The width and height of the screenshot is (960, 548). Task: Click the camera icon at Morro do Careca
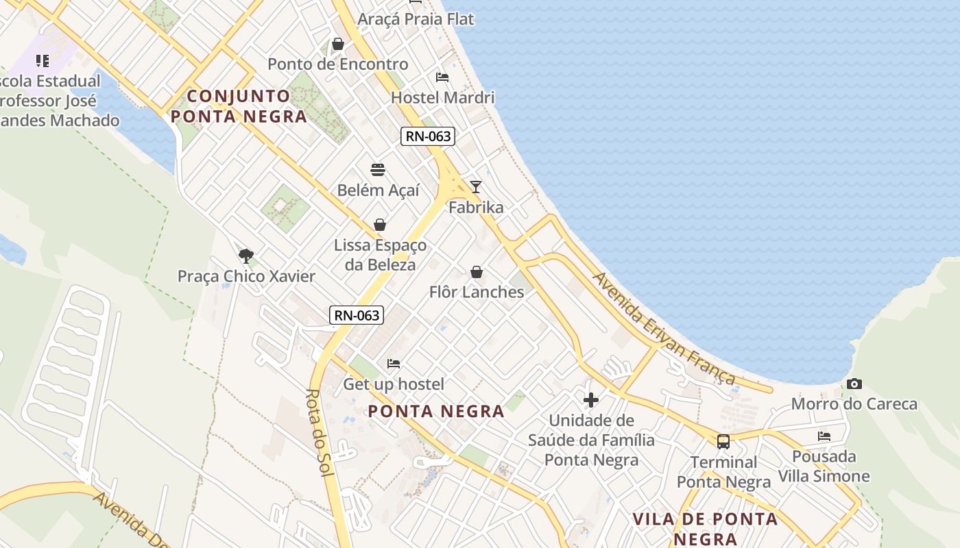(854, 384)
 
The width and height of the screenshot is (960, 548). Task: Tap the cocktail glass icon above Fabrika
(476, 187)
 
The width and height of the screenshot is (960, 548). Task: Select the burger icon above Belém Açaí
(378, 170)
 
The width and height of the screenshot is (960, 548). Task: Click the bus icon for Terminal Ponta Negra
(723, 442)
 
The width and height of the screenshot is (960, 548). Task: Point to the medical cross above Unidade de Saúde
(590, 399)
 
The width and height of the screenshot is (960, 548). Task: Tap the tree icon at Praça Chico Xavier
(245, 256)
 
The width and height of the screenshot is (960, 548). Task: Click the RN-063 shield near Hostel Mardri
(428, 136)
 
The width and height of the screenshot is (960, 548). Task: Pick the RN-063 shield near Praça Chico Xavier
(357, 316)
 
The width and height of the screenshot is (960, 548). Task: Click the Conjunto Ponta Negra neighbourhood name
(239, 106)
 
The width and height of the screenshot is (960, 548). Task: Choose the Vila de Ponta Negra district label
(705, 528)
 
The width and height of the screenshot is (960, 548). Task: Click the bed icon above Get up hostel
(394, 364)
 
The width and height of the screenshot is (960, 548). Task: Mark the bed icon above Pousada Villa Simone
(824, 436)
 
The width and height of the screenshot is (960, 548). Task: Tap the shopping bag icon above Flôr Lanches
(477, 273)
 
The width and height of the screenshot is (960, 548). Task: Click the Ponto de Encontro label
(338, 64)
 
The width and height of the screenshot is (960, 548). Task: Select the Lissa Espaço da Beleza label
(380, 255)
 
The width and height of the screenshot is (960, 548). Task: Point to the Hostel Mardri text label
(442, 98)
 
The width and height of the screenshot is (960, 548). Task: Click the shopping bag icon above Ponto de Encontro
(338, 45)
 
